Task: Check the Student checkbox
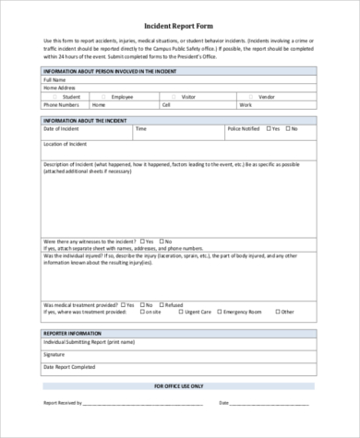56,96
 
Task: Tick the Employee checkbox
104,96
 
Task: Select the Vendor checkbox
252,96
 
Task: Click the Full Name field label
54,80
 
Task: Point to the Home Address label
58,88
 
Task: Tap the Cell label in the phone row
166,104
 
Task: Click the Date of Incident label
62,129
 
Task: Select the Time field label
140,129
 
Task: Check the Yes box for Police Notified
267,129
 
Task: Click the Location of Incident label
66,145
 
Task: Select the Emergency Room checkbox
218,312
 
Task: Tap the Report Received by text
63,403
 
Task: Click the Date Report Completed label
69,367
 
